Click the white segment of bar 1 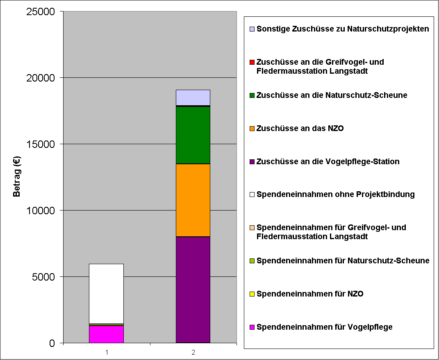pos(106,293)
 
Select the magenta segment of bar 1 pos(106,334)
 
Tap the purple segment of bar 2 pos(193,290)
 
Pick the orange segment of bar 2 pos(193,200)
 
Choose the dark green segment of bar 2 pos(193,135)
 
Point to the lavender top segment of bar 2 pos(193,97)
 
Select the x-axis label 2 pos(193,352)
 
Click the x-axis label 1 pos(107,352)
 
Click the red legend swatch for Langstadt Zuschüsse pos(252,62)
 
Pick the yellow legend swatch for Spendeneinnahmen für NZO pos(252,294)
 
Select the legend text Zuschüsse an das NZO pos(300,129)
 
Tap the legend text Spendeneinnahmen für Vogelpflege pos(324,327)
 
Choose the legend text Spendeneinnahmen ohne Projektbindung pos(335,195)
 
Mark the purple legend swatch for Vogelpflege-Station pos(252,162)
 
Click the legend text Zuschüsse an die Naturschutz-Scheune pos(332,95)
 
